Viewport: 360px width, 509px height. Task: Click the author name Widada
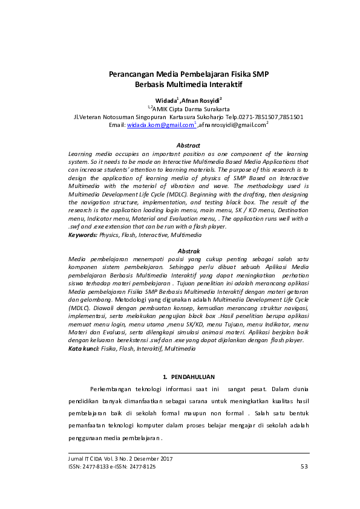tap(165, 99)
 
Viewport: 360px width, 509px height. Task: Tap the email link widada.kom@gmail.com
tap(160, 125)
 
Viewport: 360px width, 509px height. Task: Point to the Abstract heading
tap(188, 145)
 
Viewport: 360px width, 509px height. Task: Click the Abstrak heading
tap(188, 250)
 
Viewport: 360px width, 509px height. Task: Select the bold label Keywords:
tap(83, 234)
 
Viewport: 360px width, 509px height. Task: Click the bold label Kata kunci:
tap(84, 349)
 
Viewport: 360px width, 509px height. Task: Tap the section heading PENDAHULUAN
tap(192, 377)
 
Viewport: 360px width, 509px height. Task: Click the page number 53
tap(304, 467)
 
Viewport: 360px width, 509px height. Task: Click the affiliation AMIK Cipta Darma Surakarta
tap(194, 108)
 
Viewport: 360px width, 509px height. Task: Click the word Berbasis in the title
tap(151, 85)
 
